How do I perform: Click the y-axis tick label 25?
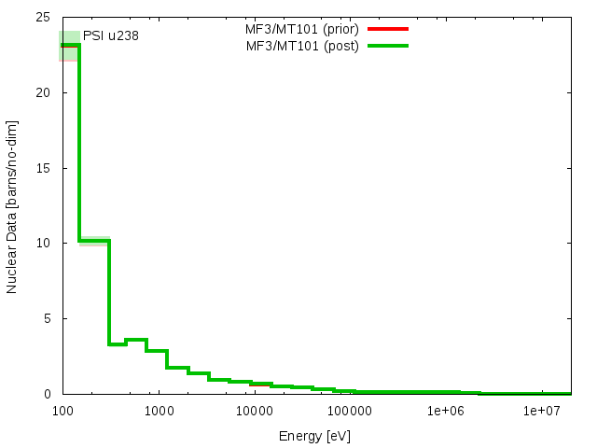pyautogui.click(x=44, y=18)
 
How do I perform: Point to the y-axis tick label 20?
pyautogui.click(x=44, y=93)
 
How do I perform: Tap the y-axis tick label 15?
pyautogui.click(x=44, y=168)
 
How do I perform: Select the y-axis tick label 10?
pyautogui.click(x=44, y=244)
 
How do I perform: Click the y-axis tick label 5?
pyautogui.click(x=48, y=318)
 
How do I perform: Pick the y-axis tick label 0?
pyautogui.click(x=48, y=394)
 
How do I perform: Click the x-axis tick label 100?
pyautogui.click(x=62, y=412)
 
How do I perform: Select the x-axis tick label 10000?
pyautogui.click(x=254, y=412)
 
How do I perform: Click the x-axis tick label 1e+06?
pyautogui.click(x=445, y=412)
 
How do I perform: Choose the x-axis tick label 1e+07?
pyautogui.click(x=541, y=412)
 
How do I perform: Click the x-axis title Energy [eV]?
pyautogui.click(x=314, y=436)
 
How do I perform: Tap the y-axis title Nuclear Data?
pyautogui.click(x=12, y=206)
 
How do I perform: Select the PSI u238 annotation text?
pyautogui.click(x=111, y=36)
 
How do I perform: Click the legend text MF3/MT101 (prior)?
pyautogui.click(x=295, y=29)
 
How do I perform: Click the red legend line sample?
pyautogui.click(x=387, y=29)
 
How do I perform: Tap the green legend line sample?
pyautogui.click(x=387, y=46)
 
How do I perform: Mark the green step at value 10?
pyautogui.click(x=94, y=241)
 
